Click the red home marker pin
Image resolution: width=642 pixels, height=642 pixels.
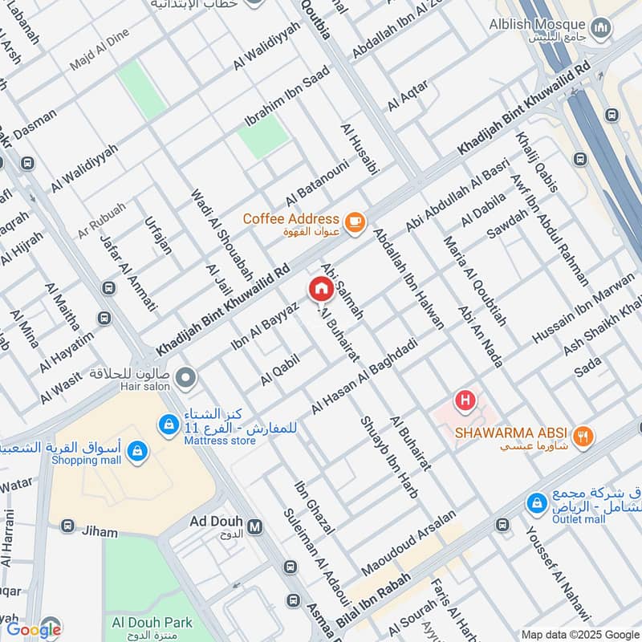pyautogui.click(x=320, y=289)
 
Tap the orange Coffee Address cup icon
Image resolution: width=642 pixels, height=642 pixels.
pyautogui.click(x=353, y=221)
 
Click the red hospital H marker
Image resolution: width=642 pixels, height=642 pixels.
pyautogui.click(x=463, y=399)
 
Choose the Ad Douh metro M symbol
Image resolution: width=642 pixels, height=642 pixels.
pyautogui.click(x=255, y=526)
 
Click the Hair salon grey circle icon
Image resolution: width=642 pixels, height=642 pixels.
pyautogui.click(x=185, y=376)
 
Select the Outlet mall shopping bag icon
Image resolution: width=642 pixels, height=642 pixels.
pyautogui.click(x=536, y=503)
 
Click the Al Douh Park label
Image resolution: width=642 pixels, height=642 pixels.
pyautogui.click(x=152, y=622)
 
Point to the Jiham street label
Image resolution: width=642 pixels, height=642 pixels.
pyautogui.click(x=99, y=532)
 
